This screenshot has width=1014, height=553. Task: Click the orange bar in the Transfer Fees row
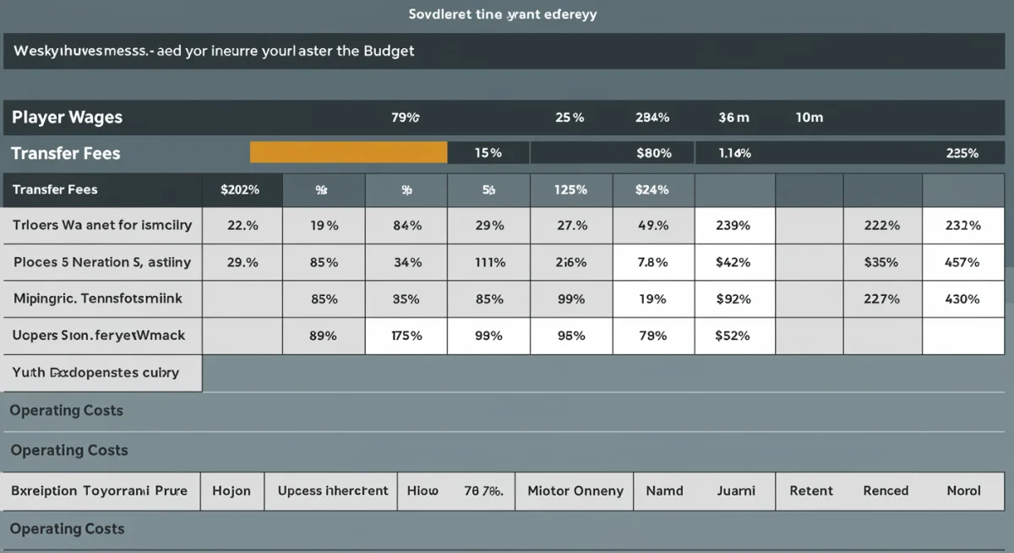(x=348, y=152)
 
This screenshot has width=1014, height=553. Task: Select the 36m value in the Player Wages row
(x=733, y=118)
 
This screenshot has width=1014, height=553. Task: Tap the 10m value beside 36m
(x=809, y=118)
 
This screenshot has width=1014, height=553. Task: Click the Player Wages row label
(x=67, y=118)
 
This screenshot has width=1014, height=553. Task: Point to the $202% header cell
(x=240, y=189)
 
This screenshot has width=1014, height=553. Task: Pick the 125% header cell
(x=570, y=189)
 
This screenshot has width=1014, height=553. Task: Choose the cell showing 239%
(x=733, y=226)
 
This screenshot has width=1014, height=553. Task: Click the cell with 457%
(x=962, y=262)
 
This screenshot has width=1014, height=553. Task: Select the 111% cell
(x=489, y=262)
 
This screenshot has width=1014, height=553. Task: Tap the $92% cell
(x=733, y=298)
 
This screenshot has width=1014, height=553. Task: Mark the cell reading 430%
(x=962, y=298)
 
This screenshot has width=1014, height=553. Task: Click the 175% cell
(x=406, y=335)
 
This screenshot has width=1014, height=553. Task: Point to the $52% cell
(x=733, y=335)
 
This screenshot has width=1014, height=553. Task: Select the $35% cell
(x=881, y=262)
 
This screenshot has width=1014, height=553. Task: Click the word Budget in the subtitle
(x=389, y=51)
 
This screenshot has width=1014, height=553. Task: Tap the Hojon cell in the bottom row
(x=232, y=490)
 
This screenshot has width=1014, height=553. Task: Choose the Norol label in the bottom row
(x=963, y=490)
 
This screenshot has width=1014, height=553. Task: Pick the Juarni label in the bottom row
(x=736, y=490)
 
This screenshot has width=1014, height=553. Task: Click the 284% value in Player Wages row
(x=651, y=118)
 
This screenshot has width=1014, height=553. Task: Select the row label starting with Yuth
(x=95, y=372)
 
